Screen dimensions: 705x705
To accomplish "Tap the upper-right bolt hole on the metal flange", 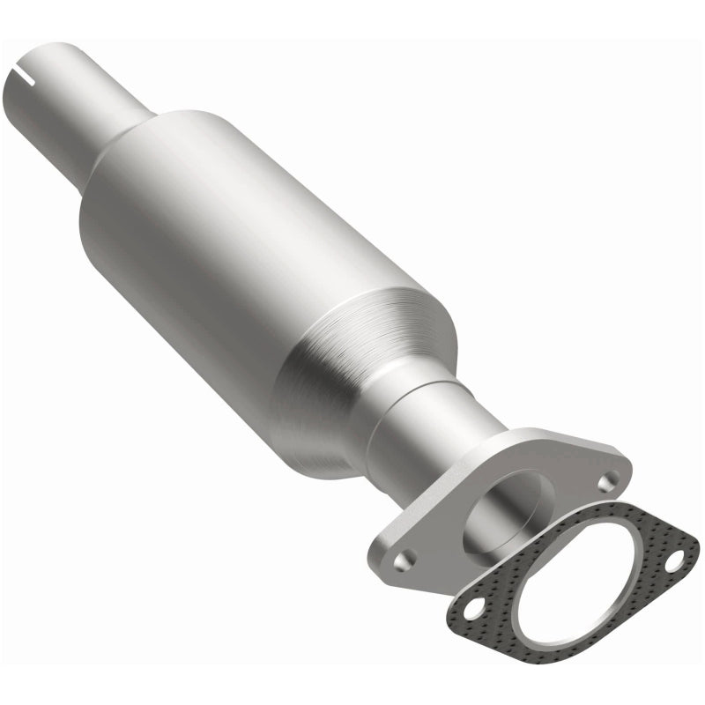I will tap(607, 481).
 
